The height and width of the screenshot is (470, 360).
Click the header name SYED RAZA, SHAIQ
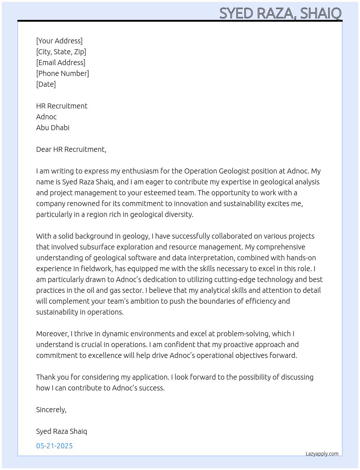click(x=280, y=13)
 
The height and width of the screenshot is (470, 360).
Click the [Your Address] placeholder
click(x=59, y=41)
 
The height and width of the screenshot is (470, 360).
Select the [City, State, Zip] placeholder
click(x=61, y=52)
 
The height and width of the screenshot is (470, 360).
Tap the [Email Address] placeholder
click(x=61, y=63)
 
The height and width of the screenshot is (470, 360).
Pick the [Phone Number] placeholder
click(x=63, y=73)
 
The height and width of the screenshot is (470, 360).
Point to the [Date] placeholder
click(x=46, y=84)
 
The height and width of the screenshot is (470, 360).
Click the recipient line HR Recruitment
click(x=62, y=106)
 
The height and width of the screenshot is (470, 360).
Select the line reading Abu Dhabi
click(x=53, y=128)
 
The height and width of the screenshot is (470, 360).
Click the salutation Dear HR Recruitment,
click(x=71, y=149)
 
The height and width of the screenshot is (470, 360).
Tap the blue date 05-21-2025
click(x=54, y=446)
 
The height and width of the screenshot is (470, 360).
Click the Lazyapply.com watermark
click(x=322, y=454)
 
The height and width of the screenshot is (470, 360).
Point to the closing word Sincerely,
click(x=51, y=410)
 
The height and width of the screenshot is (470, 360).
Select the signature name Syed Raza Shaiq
click(x=61, y=431)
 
